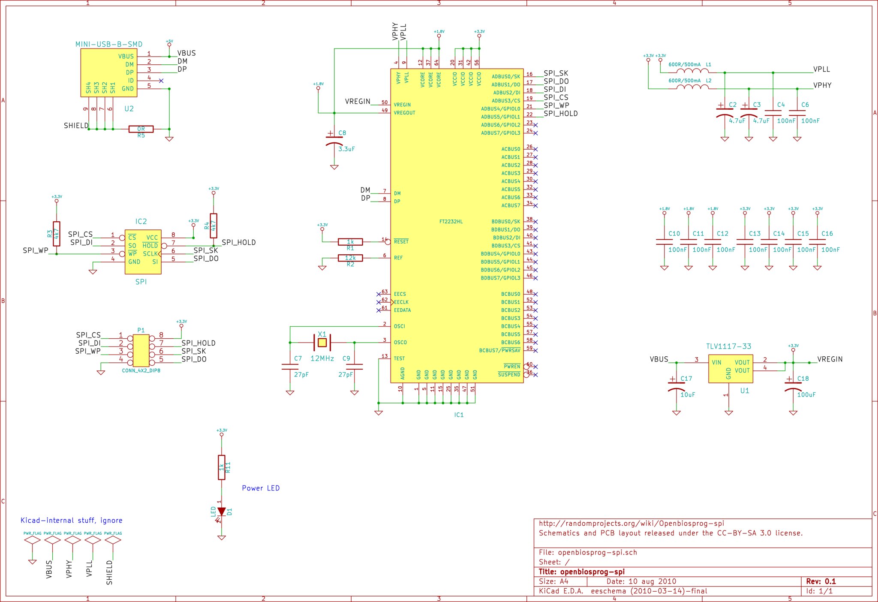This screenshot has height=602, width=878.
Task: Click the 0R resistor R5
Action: point(141,129)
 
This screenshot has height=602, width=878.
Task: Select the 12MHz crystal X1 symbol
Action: point(322,342)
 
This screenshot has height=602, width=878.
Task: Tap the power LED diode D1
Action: point(221,512)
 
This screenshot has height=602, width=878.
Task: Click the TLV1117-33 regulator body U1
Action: point(730,368)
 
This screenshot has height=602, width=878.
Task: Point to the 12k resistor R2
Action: point(350,258)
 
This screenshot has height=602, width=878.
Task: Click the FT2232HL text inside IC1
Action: point(451,222)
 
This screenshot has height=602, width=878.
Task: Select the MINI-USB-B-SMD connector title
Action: point(109,44)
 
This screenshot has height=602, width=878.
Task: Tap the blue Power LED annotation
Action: point(261,488)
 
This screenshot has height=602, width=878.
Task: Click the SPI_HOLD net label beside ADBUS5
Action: point(561,114)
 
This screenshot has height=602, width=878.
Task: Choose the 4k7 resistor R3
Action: point(56,234)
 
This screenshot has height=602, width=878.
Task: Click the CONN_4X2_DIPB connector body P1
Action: point(141,351)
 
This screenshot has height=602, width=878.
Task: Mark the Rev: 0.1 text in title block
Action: point(821,581)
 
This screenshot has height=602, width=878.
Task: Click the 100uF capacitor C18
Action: point(793,386)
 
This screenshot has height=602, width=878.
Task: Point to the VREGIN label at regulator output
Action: point(830,359)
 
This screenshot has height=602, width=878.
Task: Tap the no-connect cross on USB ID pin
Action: point(161,81)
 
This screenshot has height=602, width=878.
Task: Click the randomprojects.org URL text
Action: point(631,523)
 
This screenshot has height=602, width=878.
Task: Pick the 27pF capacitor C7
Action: point(290,367)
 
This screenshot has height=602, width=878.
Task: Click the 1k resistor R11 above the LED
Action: point(221,467)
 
